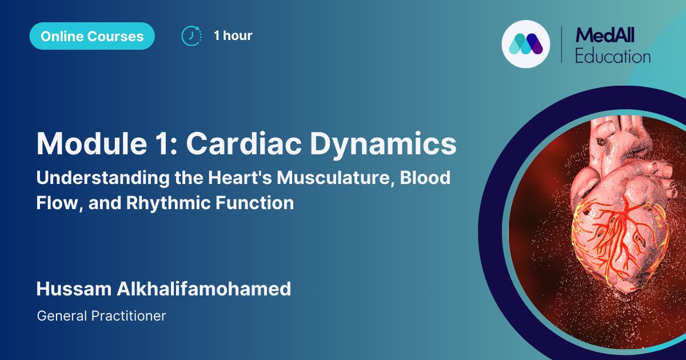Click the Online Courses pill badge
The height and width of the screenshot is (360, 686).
92,36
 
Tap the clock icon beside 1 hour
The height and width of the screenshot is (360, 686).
191,35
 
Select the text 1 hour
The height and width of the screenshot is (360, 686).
233,35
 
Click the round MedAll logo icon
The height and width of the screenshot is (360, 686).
525,44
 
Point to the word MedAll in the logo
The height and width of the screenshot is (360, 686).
605,35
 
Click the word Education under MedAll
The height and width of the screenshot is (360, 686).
612,56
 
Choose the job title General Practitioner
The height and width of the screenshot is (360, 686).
101,315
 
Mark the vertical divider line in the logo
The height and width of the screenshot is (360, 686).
561,44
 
